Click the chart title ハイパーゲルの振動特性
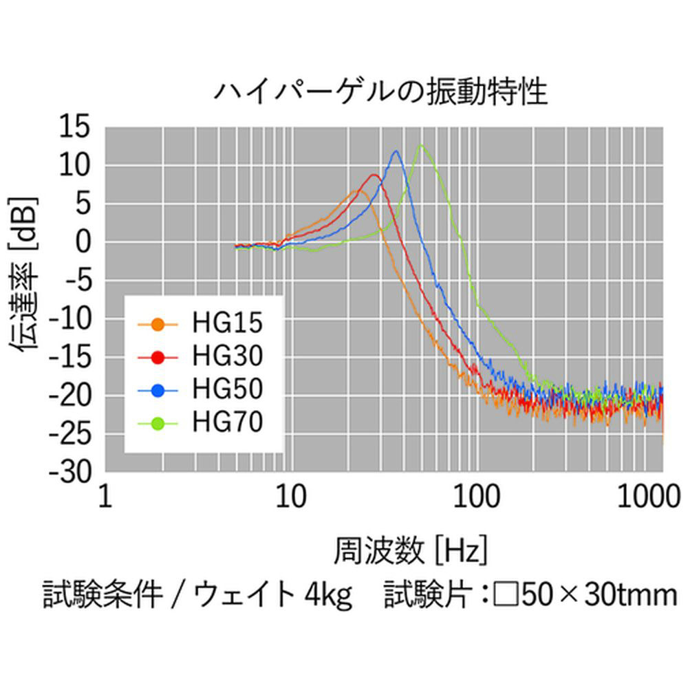click(380, 92)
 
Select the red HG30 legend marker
click(158, 357)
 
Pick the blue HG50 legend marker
click(158, 390)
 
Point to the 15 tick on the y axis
click(74, 127)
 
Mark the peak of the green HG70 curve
click(420, 145)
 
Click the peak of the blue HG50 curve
click(396, 151)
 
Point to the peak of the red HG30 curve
click(374, 175)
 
